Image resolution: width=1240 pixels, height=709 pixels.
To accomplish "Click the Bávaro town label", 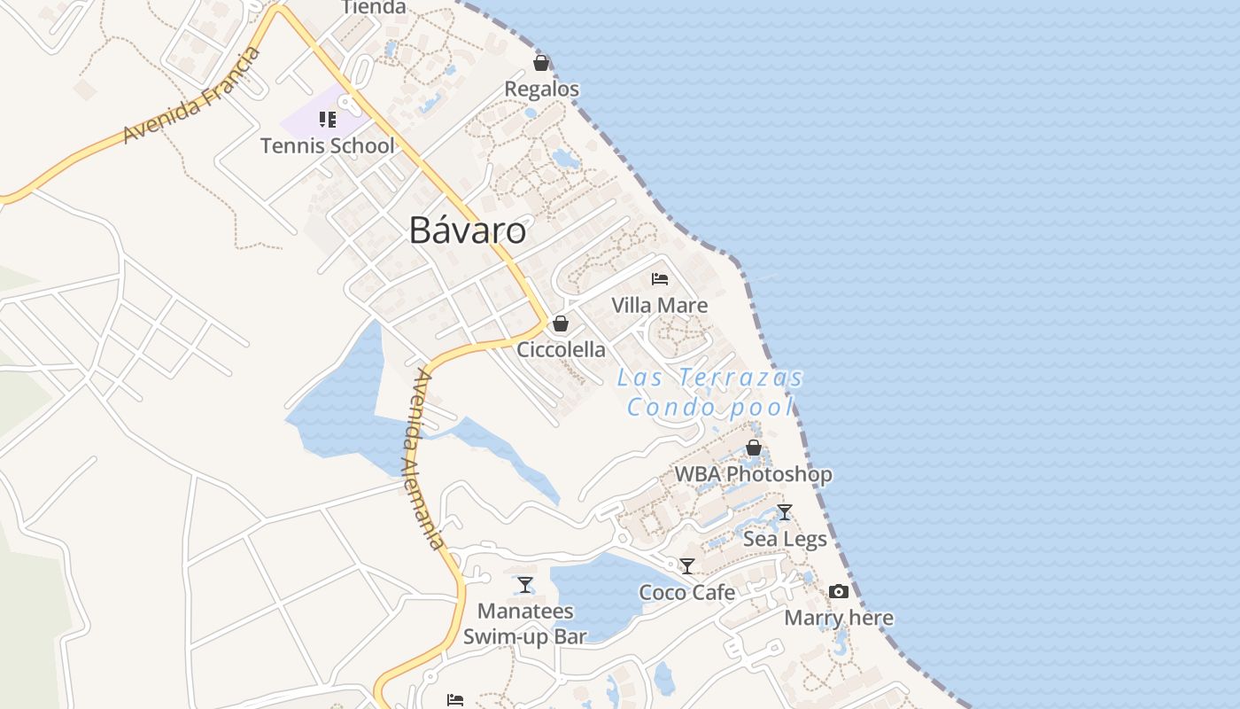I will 467,231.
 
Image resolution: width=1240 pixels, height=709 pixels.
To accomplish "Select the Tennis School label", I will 327,146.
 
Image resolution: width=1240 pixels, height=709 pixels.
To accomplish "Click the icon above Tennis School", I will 328,120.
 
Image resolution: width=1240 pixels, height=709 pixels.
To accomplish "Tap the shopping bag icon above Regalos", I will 541,64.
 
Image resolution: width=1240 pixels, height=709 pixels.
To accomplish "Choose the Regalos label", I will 541,90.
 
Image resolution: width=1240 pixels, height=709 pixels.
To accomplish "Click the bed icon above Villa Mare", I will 660,279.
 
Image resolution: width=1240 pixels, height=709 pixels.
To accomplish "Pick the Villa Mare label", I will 660,306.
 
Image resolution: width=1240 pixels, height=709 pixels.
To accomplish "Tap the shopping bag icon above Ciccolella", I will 561,323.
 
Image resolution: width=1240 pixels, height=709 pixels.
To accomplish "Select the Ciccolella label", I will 561,350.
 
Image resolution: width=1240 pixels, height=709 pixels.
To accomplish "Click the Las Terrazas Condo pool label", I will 710,393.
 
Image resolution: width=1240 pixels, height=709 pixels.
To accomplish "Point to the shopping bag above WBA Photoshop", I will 754,448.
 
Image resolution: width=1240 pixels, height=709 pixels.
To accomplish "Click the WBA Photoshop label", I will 754,475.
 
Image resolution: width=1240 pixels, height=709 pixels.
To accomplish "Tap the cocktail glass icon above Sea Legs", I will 785,512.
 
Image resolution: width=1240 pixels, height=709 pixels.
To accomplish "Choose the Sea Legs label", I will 785,539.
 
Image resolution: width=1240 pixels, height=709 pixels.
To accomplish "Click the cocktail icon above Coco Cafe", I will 687,565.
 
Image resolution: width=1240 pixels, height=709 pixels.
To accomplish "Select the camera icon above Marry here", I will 839,592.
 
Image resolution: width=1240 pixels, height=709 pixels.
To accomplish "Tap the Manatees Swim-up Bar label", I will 525,624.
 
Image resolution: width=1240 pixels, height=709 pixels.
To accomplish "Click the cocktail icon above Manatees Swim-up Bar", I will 525,585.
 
